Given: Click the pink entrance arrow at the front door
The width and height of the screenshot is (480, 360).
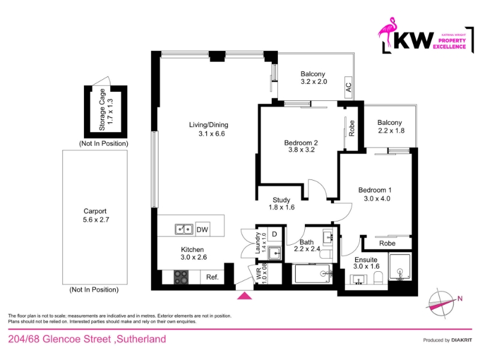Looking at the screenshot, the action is (245, 296).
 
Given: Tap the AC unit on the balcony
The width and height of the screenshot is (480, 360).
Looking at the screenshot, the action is (349, 88).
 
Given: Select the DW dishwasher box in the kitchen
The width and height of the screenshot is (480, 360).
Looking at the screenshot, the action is (202, 229).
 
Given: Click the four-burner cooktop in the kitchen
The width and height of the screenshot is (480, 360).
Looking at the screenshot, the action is (181, 277).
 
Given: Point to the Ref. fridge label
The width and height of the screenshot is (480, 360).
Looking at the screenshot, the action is (212, 277).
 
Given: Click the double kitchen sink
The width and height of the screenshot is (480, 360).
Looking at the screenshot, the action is (184, 229).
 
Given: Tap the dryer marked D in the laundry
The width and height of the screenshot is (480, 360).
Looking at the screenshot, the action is (274, 235).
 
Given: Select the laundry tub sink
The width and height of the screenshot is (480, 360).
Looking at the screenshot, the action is (275, 253).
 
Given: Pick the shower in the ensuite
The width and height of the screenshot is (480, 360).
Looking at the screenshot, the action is (400, 266).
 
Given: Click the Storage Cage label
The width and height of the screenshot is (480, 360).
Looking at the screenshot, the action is (102, 110).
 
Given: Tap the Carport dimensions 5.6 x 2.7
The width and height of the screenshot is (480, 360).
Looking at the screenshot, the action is (96, 220).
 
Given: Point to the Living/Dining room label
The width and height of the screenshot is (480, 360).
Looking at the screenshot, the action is (208, 125).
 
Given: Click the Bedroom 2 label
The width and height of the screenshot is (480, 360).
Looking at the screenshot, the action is (301, 143).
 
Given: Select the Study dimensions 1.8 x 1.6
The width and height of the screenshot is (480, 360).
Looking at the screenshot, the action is (281, 207).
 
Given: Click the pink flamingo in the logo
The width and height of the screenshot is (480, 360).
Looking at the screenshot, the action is (386, 32).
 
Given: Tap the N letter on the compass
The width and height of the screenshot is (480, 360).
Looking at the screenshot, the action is (460, 298).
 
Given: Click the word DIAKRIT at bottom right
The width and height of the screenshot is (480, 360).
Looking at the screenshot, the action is (461, 340).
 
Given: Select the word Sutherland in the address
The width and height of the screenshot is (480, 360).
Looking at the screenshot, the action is (142, 339).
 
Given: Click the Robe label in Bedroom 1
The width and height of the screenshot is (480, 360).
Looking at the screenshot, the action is (387, 244).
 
